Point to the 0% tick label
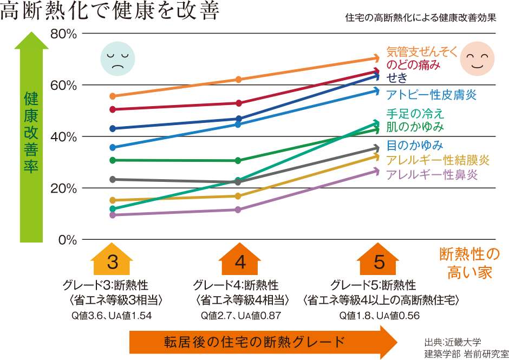point(67,239)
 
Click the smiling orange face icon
point(477,58)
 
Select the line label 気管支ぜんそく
point(422,52)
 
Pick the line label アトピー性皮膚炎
point(431,95)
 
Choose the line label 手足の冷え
point(415,114)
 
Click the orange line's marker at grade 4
point(238,80)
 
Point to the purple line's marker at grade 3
point(113,215)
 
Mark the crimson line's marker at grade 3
point(113,109)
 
